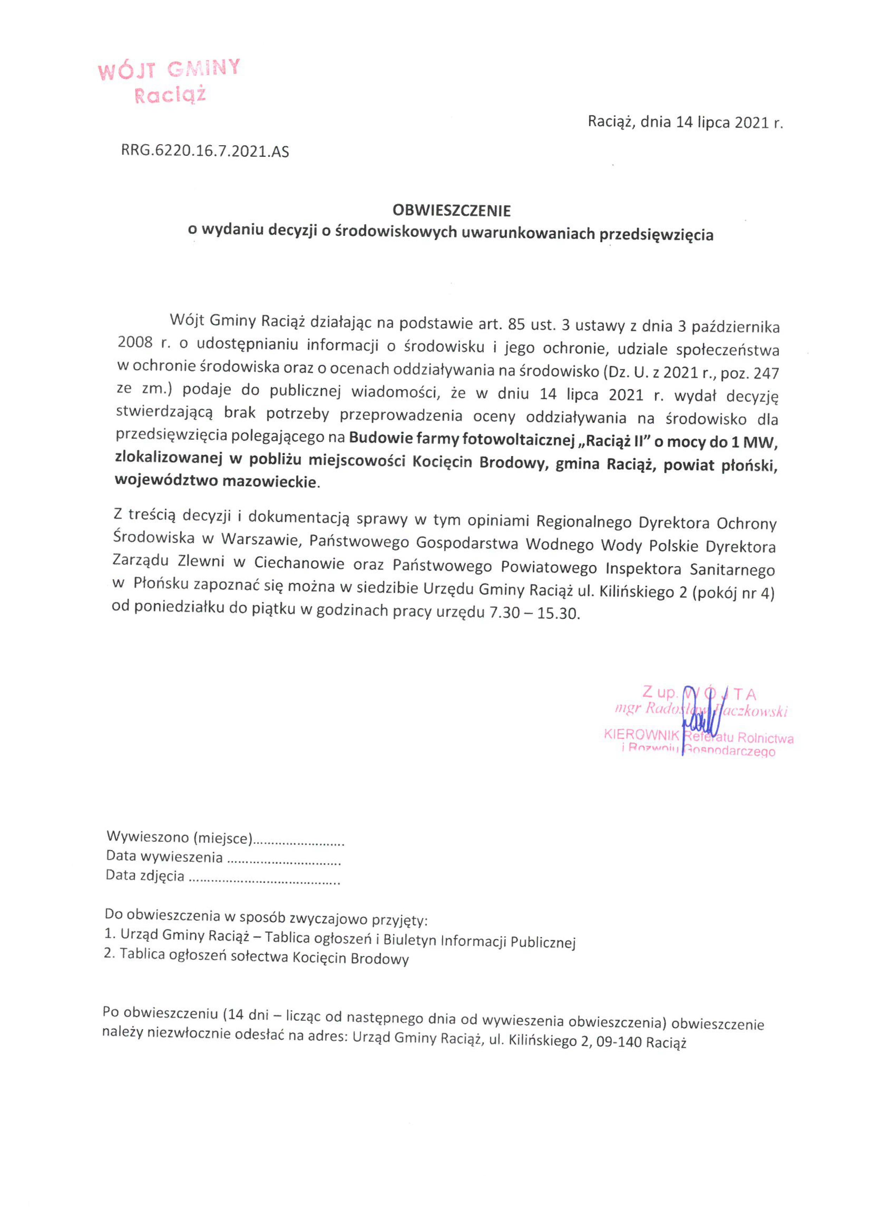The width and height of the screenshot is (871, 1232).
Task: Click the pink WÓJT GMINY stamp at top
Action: [x=169, y=81]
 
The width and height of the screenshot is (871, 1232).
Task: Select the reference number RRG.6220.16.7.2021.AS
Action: [x=205, y=151]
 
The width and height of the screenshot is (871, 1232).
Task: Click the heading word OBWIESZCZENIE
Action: [x=451, y=210]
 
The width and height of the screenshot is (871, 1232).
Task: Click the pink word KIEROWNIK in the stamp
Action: [x=642, y=734]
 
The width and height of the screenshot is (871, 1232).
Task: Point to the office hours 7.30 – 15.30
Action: [x=534, y=613]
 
